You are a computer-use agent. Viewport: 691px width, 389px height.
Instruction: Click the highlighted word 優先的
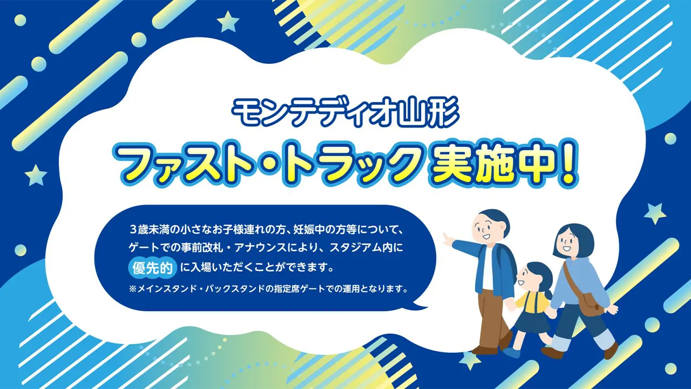point(152,268)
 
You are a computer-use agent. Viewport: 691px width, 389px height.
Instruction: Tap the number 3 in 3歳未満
point(133,230)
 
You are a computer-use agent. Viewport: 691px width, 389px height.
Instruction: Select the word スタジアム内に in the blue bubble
point(367,248)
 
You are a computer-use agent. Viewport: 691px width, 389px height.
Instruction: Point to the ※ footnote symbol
point(133,289)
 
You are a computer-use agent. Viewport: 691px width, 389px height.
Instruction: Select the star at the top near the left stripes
point(228,22)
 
